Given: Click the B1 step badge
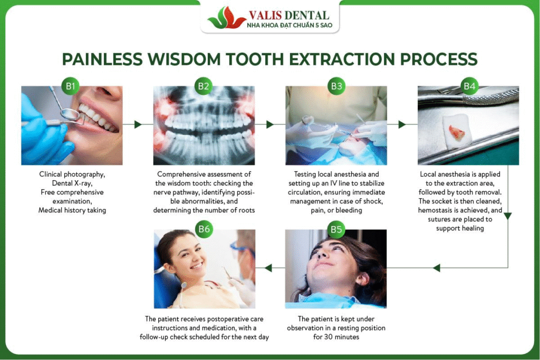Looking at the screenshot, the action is pyautogui.click(x=71, y=86).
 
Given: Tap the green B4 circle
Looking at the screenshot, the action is pyautogui.click(x=469, y=86).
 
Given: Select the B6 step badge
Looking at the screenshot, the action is pyautogui.click(x=204, y=229).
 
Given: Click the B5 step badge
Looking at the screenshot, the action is pyautogui.click(x=336, y=229).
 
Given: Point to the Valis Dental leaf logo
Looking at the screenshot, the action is pyautogui.click(x=226, y=18).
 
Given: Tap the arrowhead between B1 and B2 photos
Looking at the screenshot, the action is pyautogui.click(x=138, y=124).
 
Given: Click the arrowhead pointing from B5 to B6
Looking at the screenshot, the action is pyautogui.click(x=268, y=268).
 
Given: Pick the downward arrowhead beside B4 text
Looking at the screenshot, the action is pyautogui.click(x=508, y=216).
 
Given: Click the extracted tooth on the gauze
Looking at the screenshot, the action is pyautogui.click(x=457, y=132).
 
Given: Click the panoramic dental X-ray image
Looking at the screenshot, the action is pyautogui.click(x=204, y=125).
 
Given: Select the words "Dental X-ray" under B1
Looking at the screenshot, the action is pyautogui.click(x=72, y=183).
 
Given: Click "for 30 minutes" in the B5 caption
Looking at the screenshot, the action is pyautogui.click(x=336, y=337).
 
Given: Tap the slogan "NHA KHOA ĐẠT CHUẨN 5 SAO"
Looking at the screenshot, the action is pyautogui.click(x=290, y=25).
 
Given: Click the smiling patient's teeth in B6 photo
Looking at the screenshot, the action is pyautogui.click(x=197, y=266).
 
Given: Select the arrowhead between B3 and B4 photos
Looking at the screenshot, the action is pyautogui.click(x=402, y=124).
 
